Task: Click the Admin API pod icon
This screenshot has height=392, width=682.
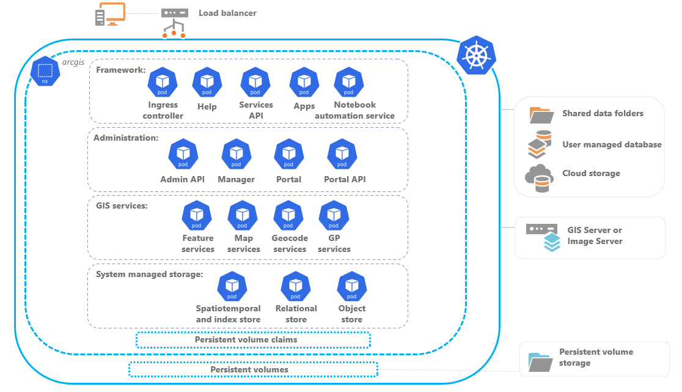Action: (183, 154)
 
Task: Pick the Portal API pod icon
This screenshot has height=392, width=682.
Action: (342, 154)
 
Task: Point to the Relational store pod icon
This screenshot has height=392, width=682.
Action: (296, 286)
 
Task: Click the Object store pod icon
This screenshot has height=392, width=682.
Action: (352, 286)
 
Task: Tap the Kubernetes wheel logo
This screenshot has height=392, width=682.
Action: (477, 56)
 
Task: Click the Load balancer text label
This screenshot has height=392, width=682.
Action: (227, 13)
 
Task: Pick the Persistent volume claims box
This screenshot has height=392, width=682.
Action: (252, 339)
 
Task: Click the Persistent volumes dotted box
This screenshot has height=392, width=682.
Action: (252, 369)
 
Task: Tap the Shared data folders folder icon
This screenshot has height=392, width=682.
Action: (540, 114)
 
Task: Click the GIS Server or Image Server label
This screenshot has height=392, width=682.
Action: (595, 235)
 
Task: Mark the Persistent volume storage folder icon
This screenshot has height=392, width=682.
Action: (540, 362)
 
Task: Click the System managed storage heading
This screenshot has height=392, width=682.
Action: (149, 274)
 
